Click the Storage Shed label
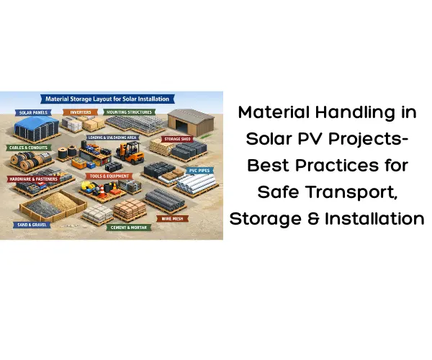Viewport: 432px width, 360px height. [x=176, y=139]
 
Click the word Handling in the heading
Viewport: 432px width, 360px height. [x=361, y=114]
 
